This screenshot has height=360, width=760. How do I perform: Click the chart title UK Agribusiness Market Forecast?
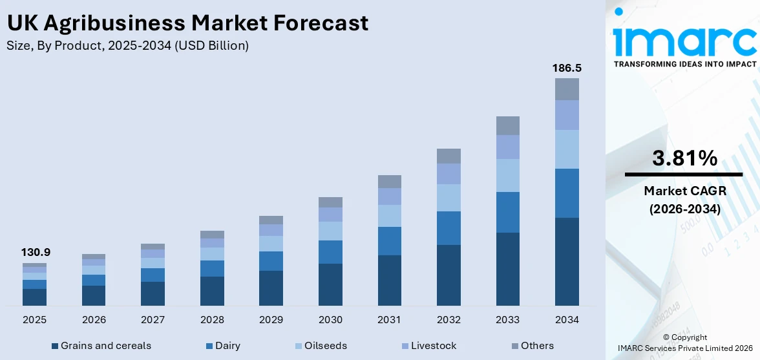[x=187, y=23]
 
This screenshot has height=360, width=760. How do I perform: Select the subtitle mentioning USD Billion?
[x=127, y=46]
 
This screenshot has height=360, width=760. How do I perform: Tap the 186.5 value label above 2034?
[x=567, y=68]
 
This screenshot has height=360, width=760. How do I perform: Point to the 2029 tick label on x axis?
[x=271, y=320]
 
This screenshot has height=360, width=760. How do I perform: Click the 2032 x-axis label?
[x=449, y=320]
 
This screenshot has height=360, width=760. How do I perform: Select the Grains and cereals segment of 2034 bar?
[x=567, y=262]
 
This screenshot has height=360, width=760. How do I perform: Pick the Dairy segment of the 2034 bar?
[x=567, y=193]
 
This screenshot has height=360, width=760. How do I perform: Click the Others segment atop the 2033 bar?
[x=507, y=125]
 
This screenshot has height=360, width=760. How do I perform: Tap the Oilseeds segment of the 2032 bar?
[x=449, y=198]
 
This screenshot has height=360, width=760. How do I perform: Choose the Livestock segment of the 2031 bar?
[x=389, y=196]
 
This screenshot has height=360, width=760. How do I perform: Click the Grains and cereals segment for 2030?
[x=330, y=284]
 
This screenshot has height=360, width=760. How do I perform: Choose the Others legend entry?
[x=531, y=346]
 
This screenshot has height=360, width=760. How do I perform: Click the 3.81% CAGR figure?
[x=684, y=158]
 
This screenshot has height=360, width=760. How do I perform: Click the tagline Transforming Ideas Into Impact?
[x=684, y=64]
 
